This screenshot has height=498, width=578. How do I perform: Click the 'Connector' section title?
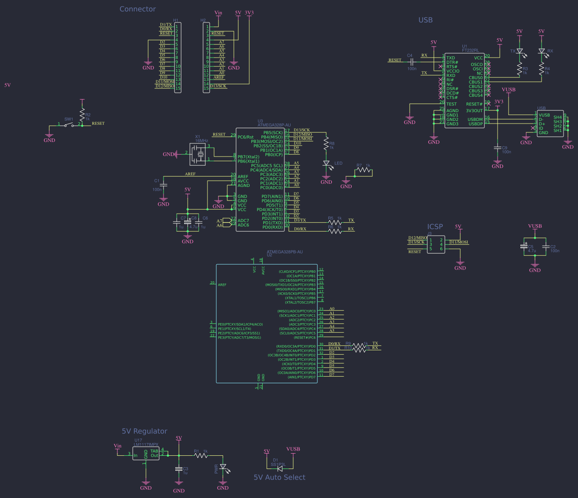click(x=138, y=9)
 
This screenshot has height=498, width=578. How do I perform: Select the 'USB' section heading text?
click(x=425, y=20)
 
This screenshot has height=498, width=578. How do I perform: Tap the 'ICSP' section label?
click(x=435, y=227)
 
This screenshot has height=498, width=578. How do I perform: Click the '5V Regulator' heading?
click(x=144, y=431)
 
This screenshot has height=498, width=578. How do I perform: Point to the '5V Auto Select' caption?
click(x=279, y=477)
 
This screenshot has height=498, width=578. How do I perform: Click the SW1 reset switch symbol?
click(x=69, y=125)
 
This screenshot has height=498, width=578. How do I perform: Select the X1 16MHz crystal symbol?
click(x=198, y=154)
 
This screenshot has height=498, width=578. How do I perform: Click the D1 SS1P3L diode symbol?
click(x=280, y=469)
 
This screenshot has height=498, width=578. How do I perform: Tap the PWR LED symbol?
click(x=223, y=467)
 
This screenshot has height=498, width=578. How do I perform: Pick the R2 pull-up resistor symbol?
click(x=82, y=115)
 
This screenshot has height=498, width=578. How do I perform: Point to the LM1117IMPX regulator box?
click(x=146, y=454)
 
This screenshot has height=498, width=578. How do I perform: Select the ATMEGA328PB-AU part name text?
click(x=285, y=252)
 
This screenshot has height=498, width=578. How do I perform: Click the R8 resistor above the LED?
click(x=326, y=143)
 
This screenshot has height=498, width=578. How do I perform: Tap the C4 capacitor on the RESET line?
click(x=412, y=61)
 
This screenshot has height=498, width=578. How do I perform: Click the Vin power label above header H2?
click(x=218, y=13)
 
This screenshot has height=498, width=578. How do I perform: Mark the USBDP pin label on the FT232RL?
click(x=475, y=124)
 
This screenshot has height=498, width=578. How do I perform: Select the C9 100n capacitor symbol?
click(x=498, y=148)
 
